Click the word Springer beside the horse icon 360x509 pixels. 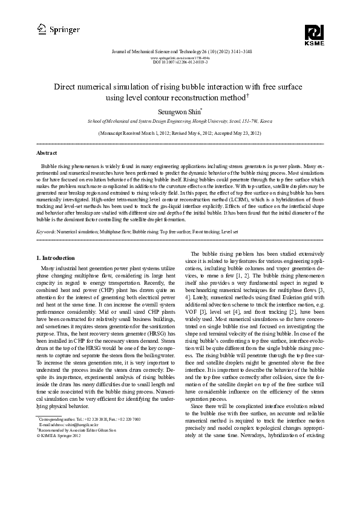pyautogui.click(x=64, y=28)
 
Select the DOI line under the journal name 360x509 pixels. pyautogui.click(x=180, y=62)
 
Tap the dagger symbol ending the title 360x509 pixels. pyautogui.click(x=249, y=95)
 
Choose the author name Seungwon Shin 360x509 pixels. pyautogui.click(x=178, y=112)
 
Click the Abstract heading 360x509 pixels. pyautogui.click(x=47, y=154)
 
